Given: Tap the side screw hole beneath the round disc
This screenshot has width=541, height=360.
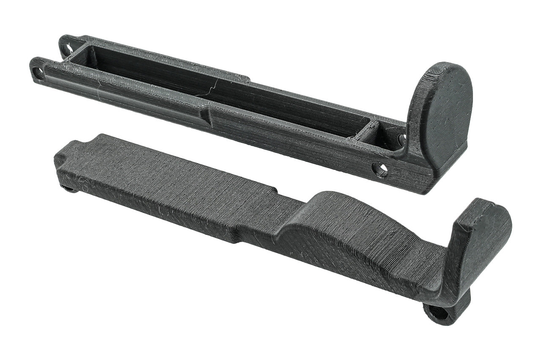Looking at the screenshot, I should click(x=379, y=170).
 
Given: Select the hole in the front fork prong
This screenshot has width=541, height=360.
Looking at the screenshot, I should click(x=38, y=73).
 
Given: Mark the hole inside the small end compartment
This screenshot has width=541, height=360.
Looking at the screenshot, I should click(x=401, y=138).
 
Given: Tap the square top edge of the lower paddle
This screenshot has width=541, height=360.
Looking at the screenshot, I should click(x=482, y=203).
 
